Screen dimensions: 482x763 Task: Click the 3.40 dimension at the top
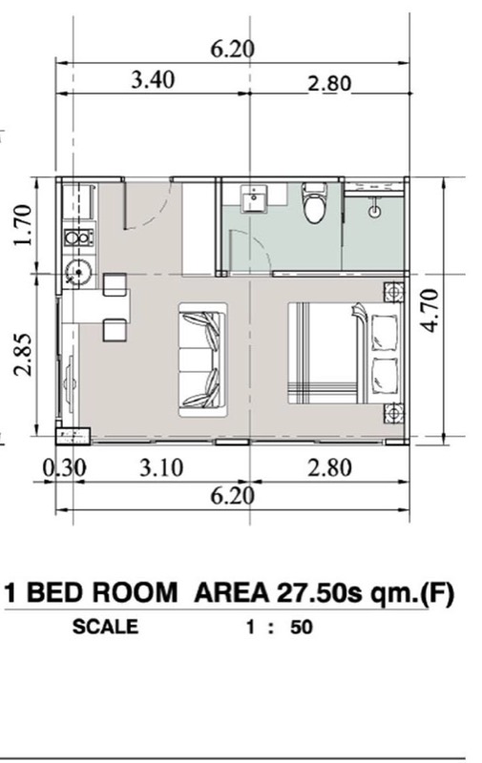click(153, 80)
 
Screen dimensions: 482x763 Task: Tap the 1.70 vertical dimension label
click(23, 225)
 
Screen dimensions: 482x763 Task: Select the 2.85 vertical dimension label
click(23, 354)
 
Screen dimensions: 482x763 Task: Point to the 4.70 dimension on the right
click(430, 311)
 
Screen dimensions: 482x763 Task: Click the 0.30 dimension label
click(64, 468)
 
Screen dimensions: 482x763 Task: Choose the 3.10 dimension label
click(161, 468)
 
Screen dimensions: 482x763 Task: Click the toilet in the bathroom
click(315, 202)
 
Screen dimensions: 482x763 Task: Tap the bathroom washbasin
click(254, 199)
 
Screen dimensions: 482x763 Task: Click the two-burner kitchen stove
click(78, 237)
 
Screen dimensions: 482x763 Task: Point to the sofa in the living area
click(203, 360)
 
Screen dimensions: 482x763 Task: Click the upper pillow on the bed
click(385, 333)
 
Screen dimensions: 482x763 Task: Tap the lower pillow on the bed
click(385, 376)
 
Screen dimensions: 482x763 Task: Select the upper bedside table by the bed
click(393, 293)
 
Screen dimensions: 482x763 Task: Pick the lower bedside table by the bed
click(393, 414)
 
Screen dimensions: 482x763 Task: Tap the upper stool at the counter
click(115, 284)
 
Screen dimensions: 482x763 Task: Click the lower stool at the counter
click(115, 330)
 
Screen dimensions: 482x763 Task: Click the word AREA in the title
click(232, 593)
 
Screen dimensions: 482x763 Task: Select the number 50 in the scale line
click(302, 628)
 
